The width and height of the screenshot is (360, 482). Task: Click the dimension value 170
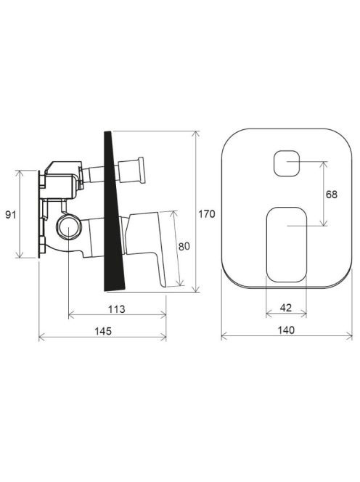tap(207, 213)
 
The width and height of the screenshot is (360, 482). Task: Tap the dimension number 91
tap(11, 215)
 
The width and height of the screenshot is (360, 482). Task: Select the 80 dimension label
tap(184, 246)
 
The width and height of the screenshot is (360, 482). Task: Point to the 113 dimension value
tap(117, 309)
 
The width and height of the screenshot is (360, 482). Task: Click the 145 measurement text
tap(103, 331)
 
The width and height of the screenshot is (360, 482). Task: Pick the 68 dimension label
tap(332, 195)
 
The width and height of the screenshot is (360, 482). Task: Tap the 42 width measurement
tap(286, 307)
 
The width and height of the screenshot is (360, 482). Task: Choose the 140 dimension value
tap(286, 330)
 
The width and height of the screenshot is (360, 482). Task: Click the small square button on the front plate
tap(287, 163)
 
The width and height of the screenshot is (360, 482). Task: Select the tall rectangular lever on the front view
tap(287, 245)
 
